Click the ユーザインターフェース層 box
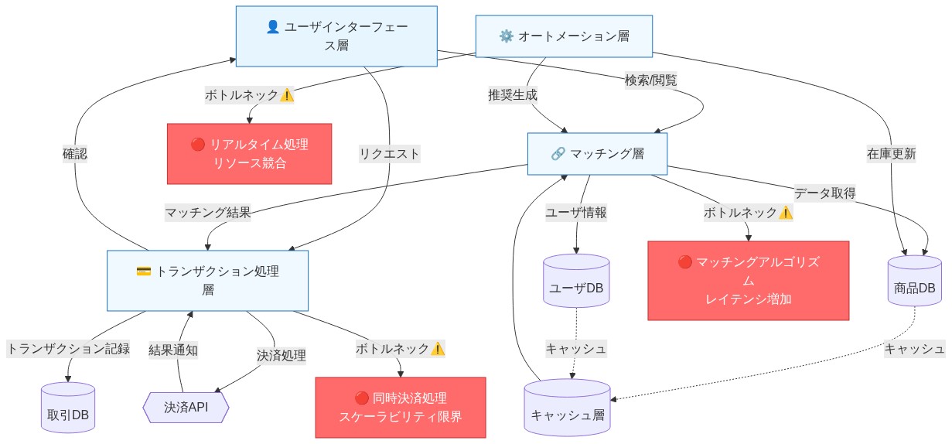(336, 36)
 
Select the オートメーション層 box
(564, 36)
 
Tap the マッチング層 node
(597, 153)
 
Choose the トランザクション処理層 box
(207, 280)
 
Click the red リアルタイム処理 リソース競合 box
(249, 153)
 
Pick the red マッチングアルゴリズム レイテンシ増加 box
(748, 280)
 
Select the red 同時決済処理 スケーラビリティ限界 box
(401, 408)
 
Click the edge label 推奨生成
(512, 95)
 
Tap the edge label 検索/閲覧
(650, 80)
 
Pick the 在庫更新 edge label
(891, 153)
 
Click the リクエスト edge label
(390, 153)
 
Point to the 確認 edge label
(75, 153)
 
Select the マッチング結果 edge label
(208, 212)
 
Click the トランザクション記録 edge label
(68, 348)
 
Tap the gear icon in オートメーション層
(507, 36)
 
